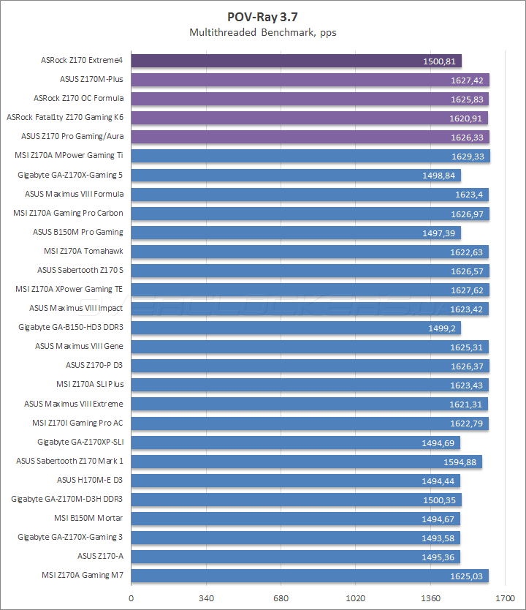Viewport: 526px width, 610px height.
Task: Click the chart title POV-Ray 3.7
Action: point(262,15)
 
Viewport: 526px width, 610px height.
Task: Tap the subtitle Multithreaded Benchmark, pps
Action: point(262,32)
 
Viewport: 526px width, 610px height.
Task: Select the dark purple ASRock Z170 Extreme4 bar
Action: point(296,61)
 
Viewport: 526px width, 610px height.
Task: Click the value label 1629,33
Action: point(468,156)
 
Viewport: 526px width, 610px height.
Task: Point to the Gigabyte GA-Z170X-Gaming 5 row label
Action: point(70,175)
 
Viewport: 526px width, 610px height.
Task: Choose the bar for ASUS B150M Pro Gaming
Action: point(296,233)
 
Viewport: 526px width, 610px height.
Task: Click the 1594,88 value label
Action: point(460,462)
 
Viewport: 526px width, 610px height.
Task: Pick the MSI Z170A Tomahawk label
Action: point(83,252)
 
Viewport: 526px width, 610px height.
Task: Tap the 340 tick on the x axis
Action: point(206,598)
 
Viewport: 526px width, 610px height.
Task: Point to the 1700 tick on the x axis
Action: point(505,598)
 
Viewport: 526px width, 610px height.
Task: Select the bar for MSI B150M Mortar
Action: point(295,519)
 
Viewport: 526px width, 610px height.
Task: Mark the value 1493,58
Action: point(439,538)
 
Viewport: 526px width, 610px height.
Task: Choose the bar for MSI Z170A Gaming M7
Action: point(310,576)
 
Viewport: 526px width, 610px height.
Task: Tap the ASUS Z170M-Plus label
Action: point(91,80)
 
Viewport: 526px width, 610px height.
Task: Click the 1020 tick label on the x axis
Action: point(355,598)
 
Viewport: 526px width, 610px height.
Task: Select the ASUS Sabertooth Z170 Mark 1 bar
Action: point(306,462)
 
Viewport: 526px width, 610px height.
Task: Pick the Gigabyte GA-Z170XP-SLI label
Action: point(80,442)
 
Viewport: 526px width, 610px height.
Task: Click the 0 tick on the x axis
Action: point(131,598)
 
